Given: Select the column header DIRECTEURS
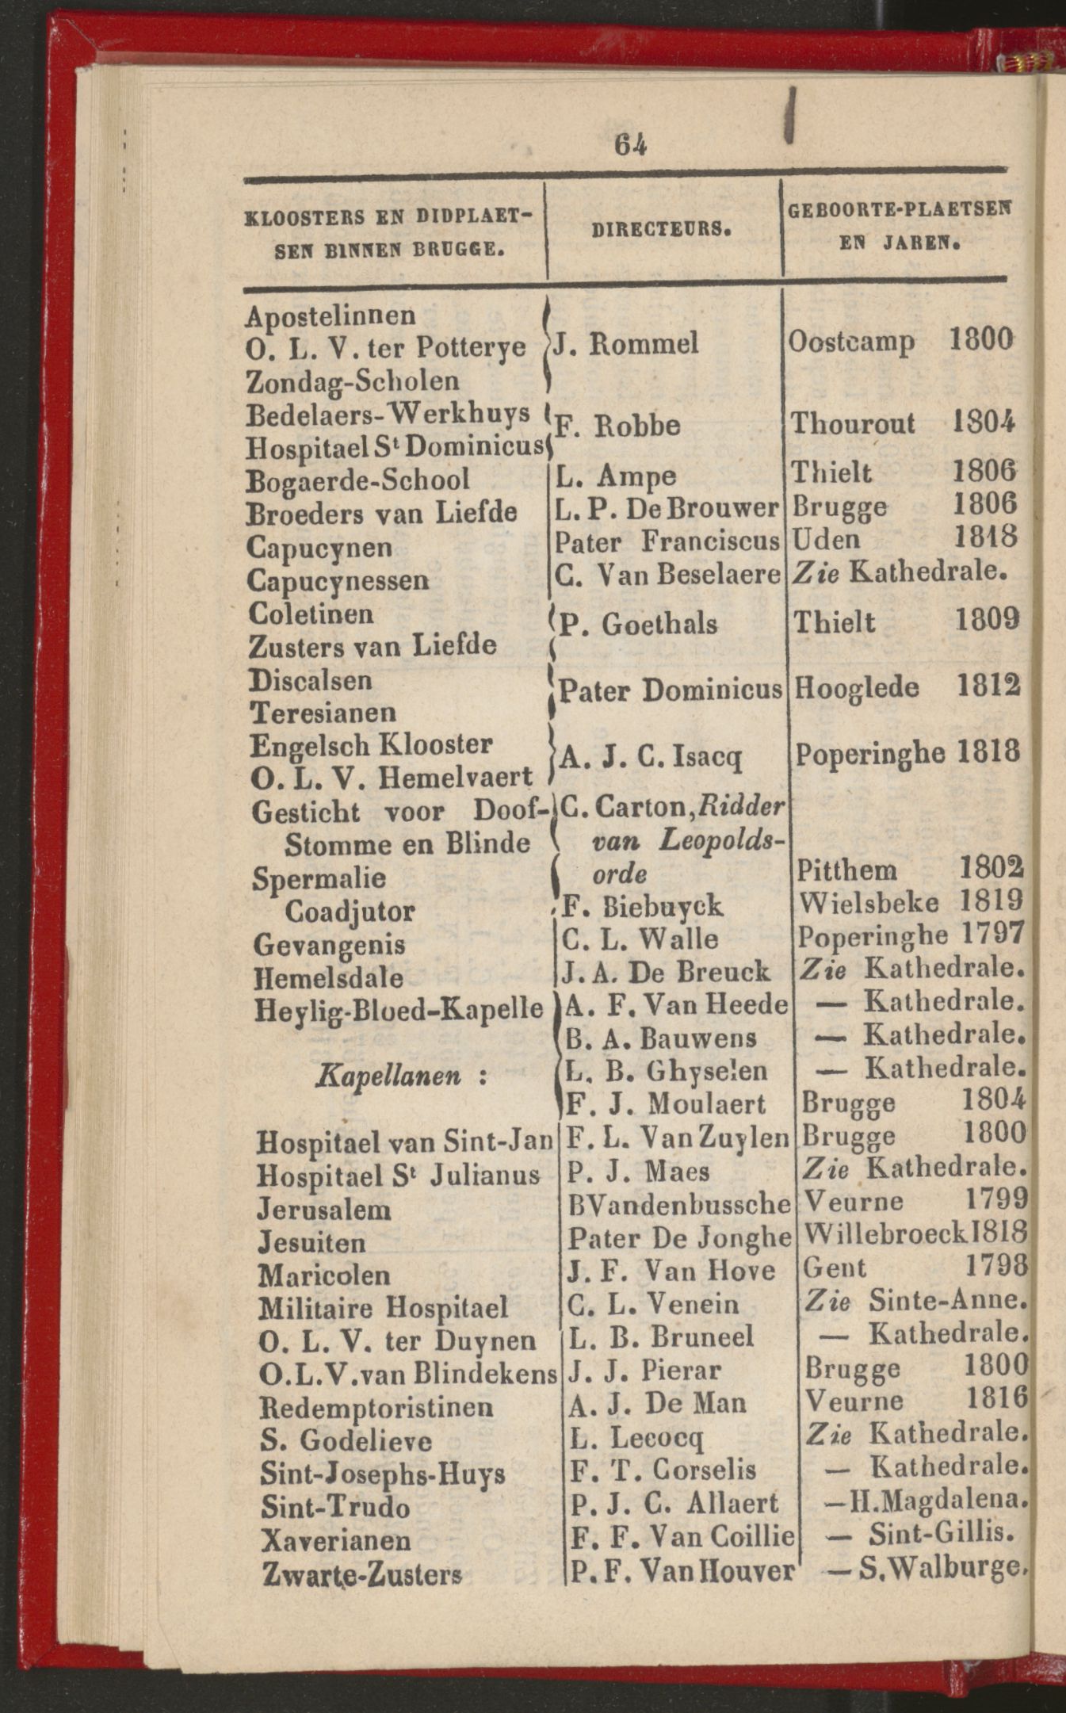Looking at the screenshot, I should pos(661,230).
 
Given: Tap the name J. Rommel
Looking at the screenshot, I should pos(626,344).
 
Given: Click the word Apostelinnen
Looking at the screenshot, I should pos(330,315).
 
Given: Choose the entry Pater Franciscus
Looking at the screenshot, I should pos(667,541).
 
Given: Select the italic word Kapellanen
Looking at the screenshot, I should pos(388,1076).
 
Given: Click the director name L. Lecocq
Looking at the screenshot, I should pos(636,1436).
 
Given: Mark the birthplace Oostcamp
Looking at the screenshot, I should pos(850,342).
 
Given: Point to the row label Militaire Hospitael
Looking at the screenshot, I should pos(383,1307).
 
